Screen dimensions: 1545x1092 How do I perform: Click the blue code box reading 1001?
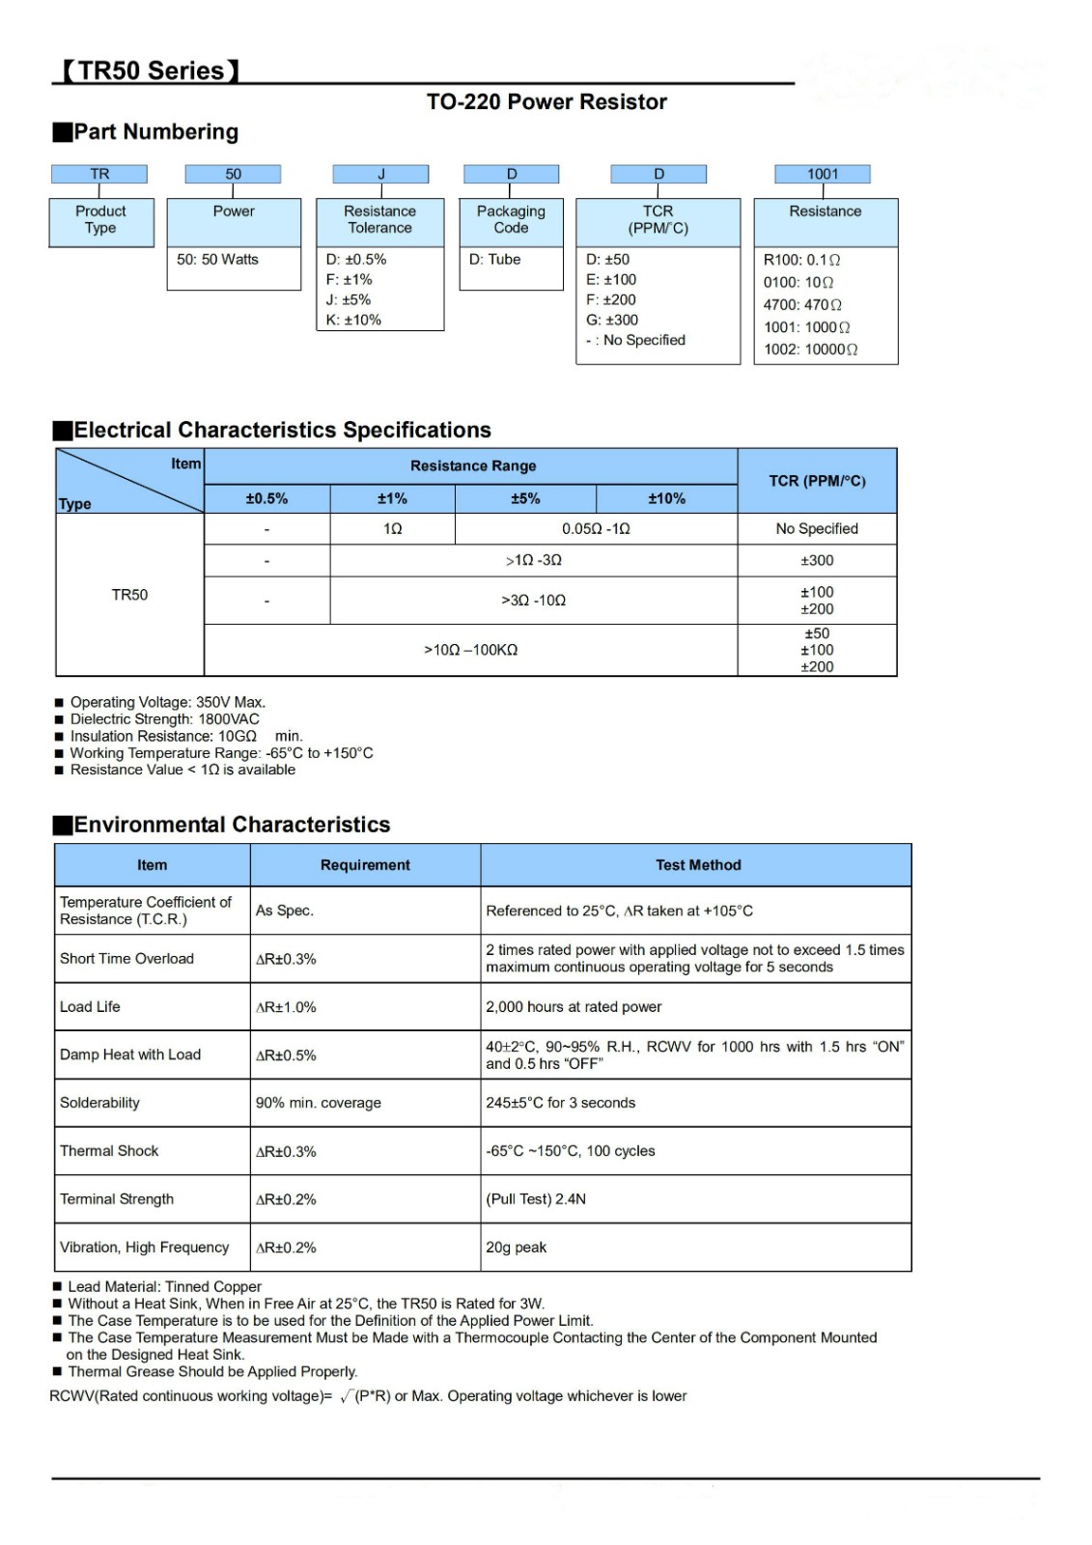click(823, 174)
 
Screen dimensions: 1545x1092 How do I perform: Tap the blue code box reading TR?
click(99, 174)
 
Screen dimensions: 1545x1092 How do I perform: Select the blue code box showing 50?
click(233, 174)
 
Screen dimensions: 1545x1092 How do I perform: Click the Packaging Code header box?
click(511, 219)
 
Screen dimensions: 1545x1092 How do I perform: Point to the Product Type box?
click(100, 219)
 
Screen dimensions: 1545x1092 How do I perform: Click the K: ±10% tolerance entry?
click(353, 320)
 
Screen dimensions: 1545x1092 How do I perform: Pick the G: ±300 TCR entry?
click(612, 320)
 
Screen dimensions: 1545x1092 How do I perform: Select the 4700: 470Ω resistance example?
click(802, 304)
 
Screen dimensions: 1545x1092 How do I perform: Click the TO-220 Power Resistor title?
click(546, 101)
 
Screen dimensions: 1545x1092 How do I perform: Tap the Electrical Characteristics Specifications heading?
click(282, 430)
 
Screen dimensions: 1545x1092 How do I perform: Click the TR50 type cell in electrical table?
click(129, 595)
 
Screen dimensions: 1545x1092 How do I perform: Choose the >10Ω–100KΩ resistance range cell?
click(471, 650)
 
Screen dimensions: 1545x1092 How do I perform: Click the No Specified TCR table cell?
click(817, 528)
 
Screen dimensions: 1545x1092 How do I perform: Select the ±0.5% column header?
click(266, 498)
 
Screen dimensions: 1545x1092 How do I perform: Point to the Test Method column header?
click(698, 865)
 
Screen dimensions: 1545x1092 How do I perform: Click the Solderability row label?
click(99, 1103)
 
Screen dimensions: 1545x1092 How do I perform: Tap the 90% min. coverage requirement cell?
click(319, 1103)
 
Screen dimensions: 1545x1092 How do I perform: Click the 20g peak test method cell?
click(517, 1248)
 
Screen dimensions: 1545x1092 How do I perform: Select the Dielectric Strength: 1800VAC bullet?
click(164, 719)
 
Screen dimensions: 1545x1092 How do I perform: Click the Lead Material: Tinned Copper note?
click(164, 1286)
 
